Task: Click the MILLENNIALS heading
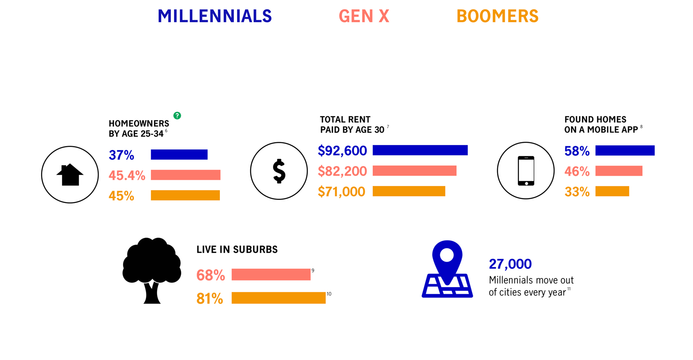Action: [215, 16]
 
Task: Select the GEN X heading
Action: [364, 16]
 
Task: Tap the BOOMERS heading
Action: [497, 16]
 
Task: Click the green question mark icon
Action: [177, 116]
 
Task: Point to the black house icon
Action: [70, 175]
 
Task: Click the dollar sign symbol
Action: [279, 171]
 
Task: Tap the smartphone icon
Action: [526, 171]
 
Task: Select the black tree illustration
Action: [152, 270]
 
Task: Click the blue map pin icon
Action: [447, 269]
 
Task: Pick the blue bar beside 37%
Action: [179, 154]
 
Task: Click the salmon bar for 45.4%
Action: [186, 175]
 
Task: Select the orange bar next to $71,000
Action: [409, 191]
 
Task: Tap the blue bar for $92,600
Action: [420, 150]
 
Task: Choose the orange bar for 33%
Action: [612, 191]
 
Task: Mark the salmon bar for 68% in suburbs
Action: [271, 275]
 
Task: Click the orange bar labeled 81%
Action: [278, 298]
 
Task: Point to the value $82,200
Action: [342, 171]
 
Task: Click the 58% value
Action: [577, 151]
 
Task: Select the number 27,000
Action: [510, 264]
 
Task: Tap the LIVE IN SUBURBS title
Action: [237, 249]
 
